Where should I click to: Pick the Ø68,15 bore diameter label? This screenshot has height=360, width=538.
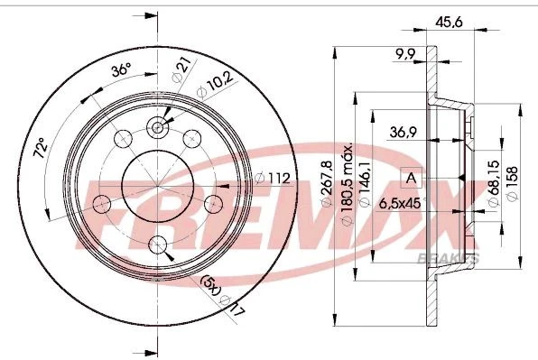tap(493, 187)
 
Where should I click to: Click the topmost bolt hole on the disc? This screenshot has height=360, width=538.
tap(159, 127)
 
